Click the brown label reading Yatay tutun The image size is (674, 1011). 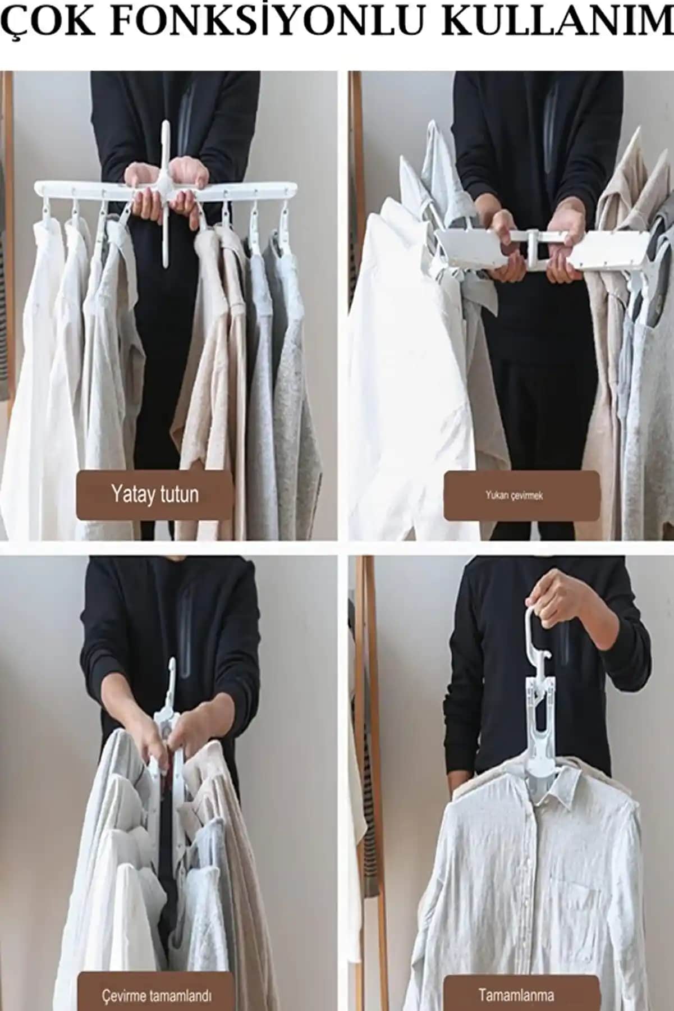[x=154, y=495]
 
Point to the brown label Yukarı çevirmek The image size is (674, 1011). [x=521, y=496]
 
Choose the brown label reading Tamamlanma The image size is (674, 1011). [x=516, y=980]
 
